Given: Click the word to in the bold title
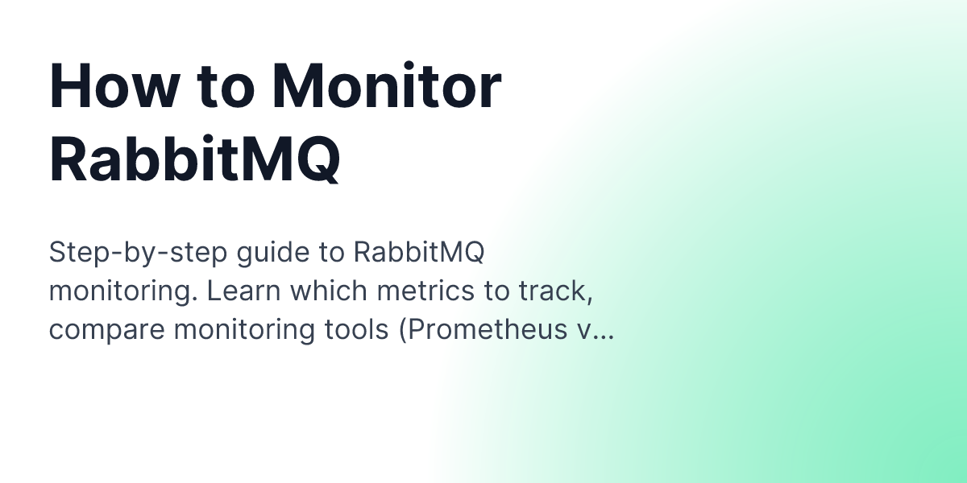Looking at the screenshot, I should (x=221, y=87).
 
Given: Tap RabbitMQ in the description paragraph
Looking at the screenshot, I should (x=419, y=253).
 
